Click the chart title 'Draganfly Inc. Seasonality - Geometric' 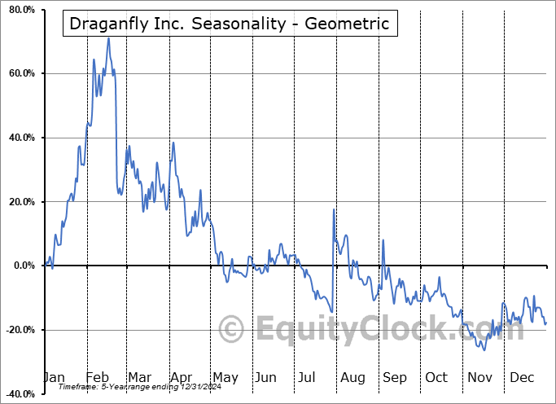pyautogui.click(x=230, y=24)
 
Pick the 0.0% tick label pyautogui.click(x=21, y=266)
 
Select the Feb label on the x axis pyautogui.click(x=98, y=377)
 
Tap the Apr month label pyautogui.click(x=182, y=377)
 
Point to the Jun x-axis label pyautogui.click(x=265, y=377)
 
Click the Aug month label pyautogui.click(x=352, y=377)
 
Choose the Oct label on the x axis pyautogui.click(x=436, y=377)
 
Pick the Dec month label pyautogui.click(x=521, y=377)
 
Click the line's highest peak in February pyautogui.click(x=108, y=38)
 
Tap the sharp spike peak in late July pyautogui.click(x=334, y=209)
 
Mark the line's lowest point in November pyautogui.click(x=484, y=350)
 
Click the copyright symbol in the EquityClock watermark pyautogui.click(x=232, y=329)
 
